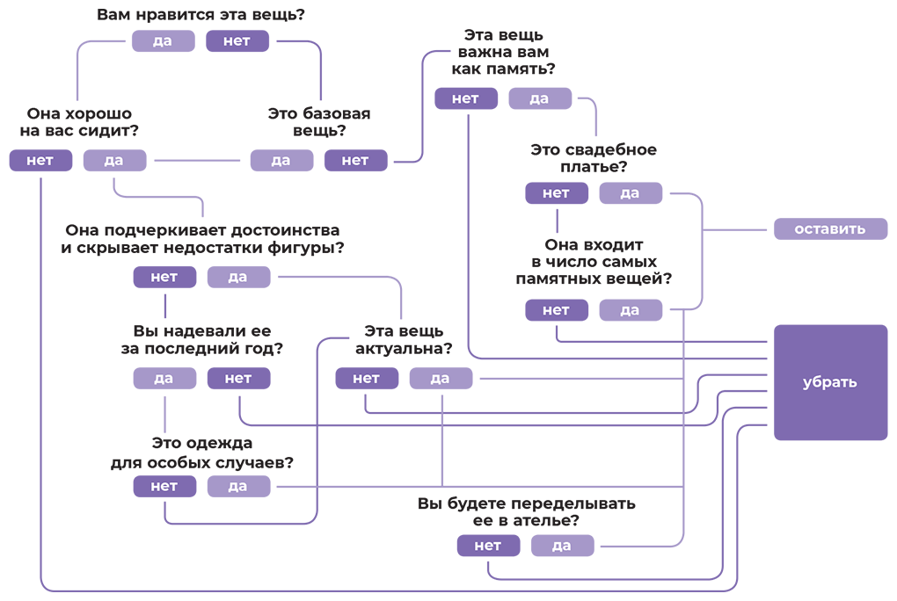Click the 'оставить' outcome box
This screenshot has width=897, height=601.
click(x=830, y=229)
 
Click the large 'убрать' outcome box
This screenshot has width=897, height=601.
click(x=830, y=382)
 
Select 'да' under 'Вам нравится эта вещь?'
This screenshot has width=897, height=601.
click(x=163, y=41)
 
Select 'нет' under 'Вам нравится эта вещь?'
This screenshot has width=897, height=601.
click(x=237, y=41)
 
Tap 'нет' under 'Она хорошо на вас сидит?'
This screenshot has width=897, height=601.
click(x=40, y=161)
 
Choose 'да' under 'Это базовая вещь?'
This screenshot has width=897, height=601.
click(x=281, y=161)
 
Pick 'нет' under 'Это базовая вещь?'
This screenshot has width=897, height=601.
click(x=355, y=161)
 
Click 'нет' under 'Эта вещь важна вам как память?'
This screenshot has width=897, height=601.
click(x=465, y=98)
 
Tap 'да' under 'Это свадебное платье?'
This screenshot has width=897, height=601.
click(x=631, y=193)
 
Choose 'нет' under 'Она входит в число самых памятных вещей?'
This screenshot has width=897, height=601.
click(x=556, y=310)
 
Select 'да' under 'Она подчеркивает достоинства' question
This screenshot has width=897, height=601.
click(x=238, y=278)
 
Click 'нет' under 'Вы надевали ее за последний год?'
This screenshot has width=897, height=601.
click(x=238, y=379)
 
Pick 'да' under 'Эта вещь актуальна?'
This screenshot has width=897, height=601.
click(x=441, y=379)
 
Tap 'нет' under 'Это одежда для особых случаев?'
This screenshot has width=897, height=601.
click(x=164, y=487)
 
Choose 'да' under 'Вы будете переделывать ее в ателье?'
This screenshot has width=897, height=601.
click(x=562, y=546)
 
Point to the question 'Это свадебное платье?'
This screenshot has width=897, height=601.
click(x=593, y=158)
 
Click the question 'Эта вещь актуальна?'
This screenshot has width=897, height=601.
click(x=404, y=340)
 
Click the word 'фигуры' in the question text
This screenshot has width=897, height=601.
click(x=302, y=248)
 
